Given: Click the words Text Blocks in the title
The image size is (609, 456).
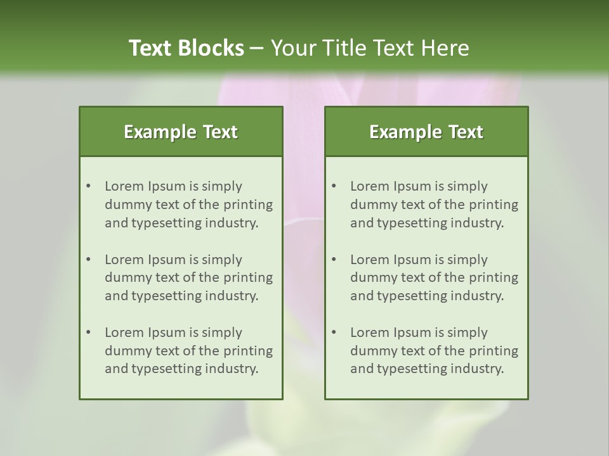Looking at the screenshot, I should [x=186, y=48].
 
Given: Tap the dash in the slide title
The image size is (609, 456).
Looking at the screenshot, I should [x=257, y=49].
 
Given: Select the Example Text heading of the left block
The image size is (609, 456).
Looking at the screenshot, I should [x=181, y=132].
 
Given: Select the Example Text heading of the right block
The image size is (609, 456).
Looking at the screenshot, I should [x=426, y=132].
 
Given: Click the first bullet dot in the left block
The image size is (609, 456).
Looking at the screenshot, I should [x=88, y=186].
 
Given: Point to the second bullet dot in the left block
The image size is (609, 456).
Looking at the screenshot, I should [x=88, y=260].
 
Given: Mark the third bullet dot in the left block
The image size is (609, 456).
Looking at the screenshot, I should [x=88, y=332].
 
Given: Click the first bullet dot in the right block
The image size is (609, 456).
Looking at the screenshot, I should [x=334, y=186].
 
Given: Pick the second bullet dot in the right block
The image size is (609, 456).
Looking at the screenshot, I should [x=334, y=260].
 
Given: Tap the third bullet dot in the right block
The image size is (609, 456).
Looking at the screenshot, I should [x=334, y=332].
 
